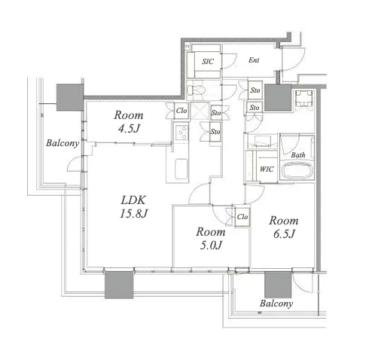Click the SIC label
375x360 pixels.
208,61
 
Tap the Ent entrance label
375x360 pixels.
254,60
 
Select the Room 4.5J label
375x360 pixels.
129,122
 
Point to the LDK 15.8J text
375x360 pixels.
133,206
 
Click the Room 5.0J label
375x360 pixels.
211,238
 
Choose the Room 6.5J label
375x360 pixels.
284,227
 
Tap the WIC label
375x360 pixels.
267,169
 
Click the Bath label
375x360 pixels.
298,155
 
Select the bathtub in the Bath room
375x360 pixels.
297,170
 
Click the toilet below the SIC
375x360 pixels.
196,90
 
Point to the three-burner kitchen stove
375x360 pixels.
181,132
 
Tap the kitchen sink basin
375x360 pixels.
181,169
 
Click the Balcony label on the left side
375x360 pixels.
62,143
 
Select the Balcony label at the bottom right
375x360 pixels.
276,304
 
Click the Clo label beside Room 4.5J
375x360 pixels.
181,111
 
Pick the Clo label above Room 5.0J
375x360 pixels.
242,216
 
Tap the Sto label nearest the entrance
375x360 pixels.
255,90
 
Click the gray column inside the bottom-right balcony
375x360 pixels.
278,285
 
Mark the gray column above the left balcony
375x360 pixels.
70,97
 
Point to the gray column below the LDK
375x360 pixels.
119,285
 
